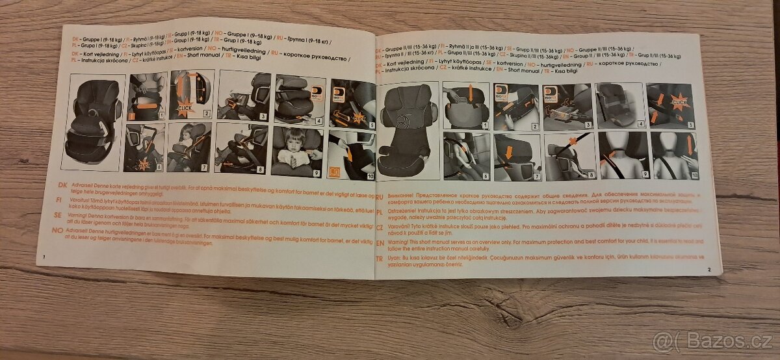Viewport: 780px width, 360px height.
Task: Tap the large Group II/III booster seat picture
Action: click(408, 130)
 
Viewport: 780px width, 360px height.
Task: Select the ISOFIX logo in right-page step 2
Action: click(501, 92)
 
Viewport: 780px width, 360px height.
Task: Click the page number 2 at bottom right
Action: click(710, 269)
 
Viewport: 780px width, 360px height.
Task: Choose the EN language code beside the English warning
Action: click(380, 240)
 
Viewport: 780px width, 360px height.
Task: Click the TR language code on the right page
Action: click(380, 258)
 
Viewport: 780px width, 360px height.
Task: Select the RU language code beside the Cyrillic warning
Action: click(380, 194)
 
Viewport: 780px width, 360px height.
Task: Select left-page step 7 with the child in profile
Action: click(188, 148)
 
